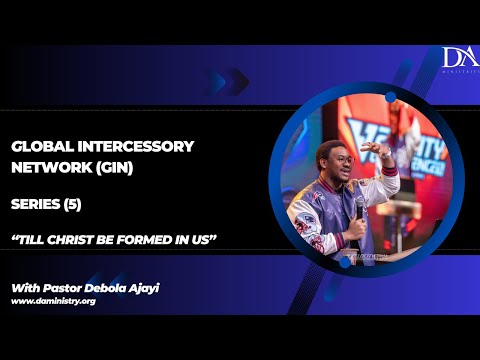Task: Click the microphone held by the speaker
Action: (x=359, y=211)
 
